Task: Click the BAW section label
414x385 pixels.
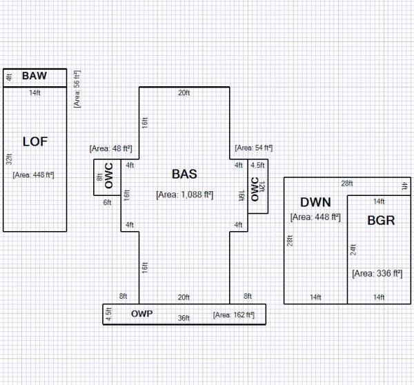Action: (x=34, y=76)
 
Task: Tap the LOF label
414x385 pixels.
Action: (x=35, y=141)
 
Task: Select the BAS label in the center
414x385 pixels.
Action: (x=184, y=174)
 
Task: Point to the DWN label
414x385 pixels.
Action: (x=315, y=202)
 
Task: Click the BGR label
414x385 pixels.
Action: (x=381, y=220)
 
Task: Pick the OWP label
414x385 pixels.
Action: (x=141, y=314)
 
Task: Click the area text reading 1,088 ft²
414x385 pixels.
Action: (x=184, y=195)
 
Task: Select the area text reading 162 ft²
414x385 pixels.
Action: (x=234, y=315)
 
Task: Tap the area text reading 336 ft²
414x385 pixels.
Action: (x=377, y=273)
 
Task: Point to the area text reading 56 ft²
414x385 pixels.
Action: (x=77, y=89)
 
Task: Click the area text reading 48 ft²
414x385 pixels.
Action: (x=110, y=148)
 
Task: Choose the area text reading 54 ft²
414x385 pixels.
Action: (x=253, y=148)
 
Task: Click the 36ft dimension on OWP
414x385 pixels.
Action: (x=184, y=318)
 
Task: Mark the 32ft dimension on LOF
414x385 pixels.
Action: (x=9, y=159)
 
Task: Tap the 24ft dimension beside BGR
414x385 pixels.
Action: (x=353, y=250)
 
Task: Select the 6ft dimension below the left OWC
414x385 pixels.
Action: (x=107, y=202)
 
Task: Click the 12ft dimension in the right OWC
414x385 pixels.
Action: (x=262, y=187)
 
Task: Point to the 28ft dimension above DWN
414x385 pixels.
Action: (x=347, y=184)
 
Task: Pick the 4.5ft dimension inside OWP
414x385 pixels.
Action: (x=108, y=314)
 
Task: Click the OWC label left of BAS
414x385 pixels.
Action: (x=109, y=176)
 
